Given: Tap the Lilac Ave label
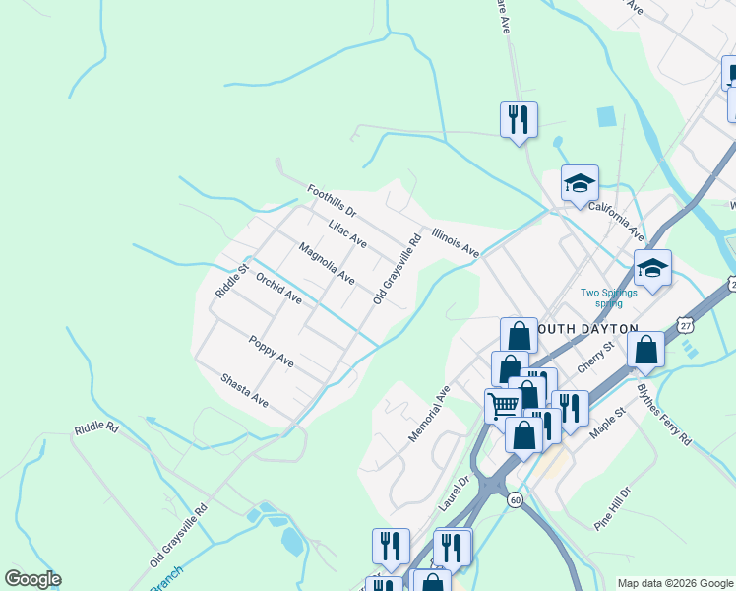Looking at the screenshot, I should (347, 234).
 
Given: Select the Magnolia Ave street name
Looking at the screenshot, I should (327, 264).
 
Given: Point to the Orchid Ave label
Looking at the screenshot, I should (278, 289).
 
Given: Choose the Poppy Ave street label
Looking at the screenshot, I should (271, 350).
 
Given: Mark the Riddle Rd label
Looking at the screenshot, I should (96, 429).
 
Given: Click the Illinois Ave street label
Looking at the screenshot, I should (455, 243).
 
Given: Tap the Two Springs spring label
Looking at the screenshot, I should (609, 297).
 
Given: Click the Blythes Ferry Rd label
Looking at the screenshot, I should (664, 415).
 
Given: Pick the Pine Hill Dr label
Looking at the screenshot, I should (618, 508).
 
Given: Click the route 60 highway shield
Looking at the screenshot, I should (515, 500).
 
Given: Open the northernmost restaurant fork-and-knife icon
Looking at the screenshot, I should (518, 119).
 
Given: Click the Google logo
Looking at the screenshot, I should (32, 579).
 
